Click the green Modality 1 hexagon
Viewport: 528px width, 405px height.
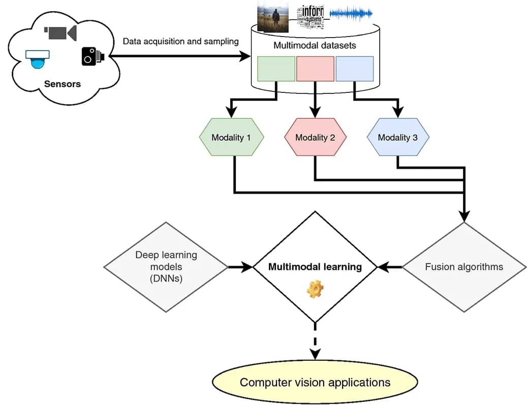point(231,138)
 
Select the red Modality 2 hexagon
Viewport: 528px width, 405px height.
point(315,138)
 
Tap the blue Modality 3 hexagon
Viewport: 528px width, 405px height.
point(398,138)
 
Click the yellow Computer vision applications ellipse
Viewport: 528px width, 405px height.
point(315,382)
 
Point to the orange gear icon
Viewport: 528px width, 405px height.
point(315,288)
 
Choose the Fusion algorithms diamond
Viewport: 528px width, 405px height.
point(464,267)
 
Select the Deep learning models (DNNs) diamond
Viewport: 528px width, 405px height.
point(166,266)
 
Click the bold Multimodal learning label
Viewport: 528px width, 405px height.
point(315,267)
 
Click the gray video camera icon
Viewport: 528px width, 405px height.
point(60,32)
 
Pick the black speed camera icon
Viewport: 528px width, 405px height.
point(92,56)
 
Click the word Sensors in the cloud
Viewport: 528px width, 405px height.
point(63,84)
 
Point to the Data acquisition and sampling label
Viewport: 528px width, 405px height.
point(180,41)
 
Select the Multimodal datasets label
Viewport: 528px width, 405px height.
point(315,46)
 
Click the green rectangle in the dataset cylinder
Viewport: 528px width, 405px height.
point(276,69)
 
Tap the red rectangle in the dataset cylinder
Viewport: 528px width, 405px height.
point(315,69)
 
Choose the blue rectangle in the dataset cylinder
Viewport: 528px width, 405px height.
point(354,69)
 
